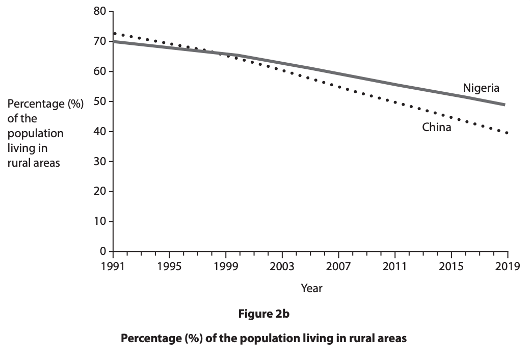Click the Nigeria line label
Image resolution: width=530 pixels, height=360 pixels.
[481, 88]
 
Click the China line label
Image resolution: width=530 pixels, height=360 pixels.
[436, 127]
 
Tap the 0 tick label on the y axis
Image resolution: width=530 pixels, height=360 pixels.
[102, 251]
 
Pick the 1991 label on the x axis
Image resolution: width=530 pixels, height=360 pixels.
[113, 267]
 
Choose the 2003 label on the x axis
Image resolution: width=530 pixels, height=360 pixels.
[282, 267]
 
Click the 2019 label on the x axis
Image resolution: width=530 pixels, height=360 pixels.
[508, 267]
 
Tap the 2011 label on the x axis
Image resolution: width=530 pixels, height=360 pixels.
[394, 267]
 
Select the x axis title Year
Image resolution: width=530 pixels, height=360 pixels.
[311, 289]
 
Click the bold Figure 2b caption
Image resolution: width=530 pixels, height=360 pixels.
[263, 314]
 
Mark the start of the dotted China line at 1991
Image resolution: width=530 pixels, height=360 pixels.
[114, 34]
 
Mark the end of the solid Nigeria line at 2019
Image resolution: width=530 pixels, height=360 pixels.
[504, 105]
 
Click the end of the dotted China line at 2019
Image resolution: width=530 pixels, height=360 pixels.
[507, 133]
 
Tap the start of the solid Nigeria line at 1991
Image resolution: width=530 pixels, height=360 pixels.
[114, 41]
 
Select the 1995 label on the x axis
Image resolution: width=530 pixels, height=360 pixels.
[169, 267]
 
